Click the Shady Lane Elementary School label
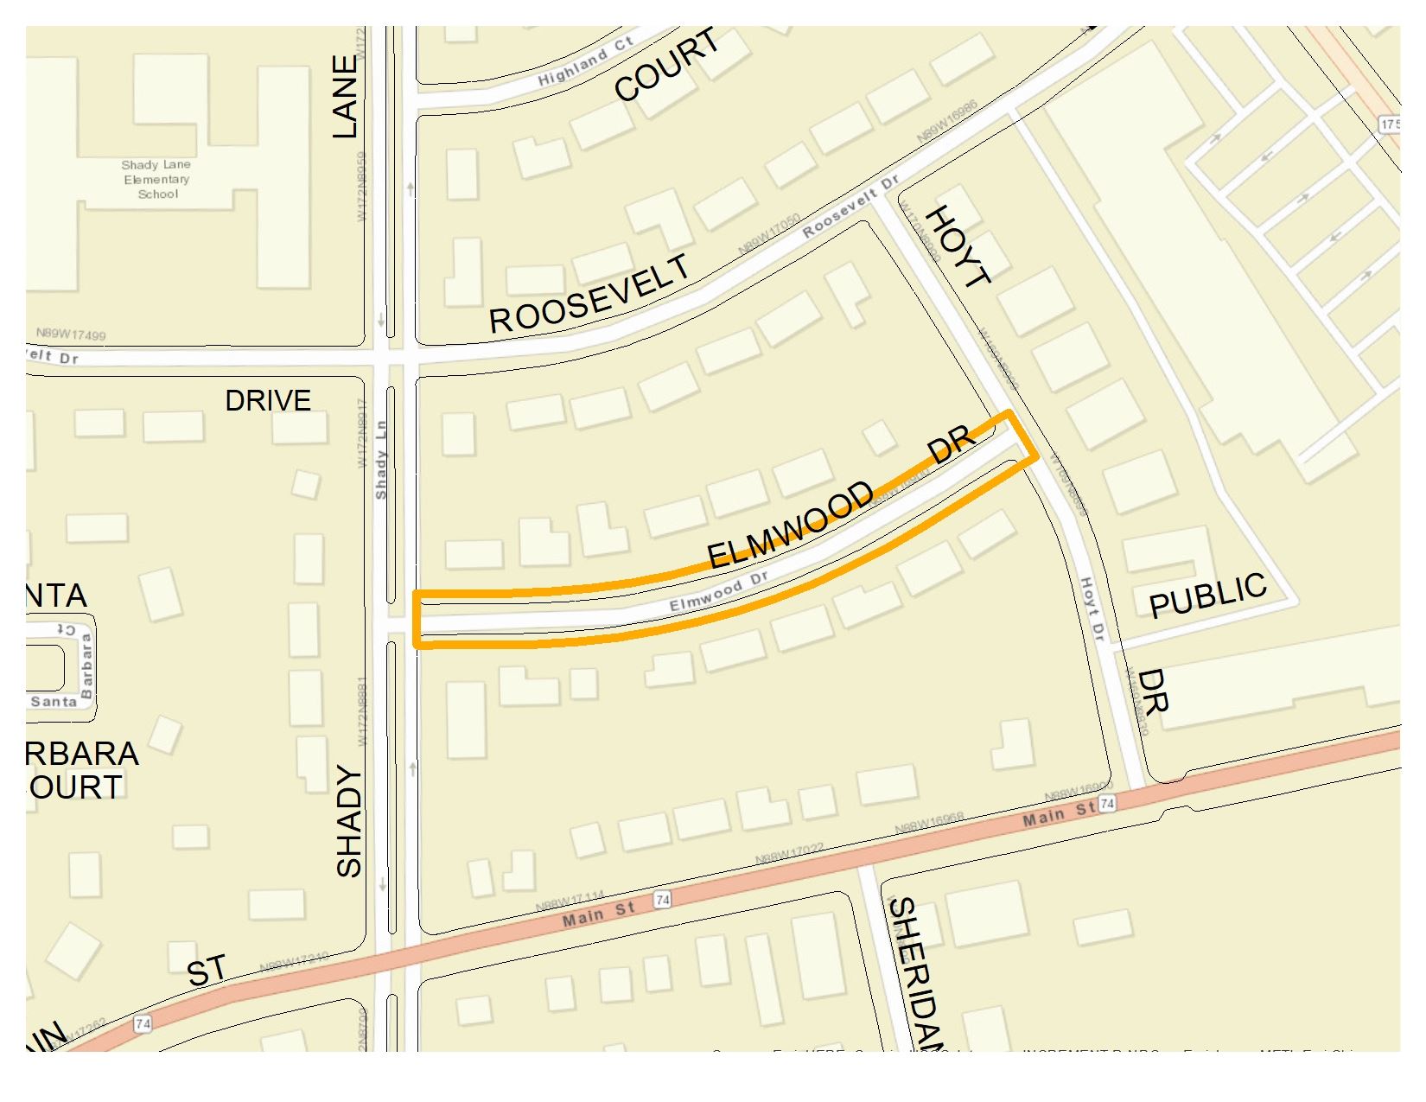(156, 179)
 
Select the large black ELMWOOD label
(791, 526)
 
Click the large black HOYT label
(958, 245)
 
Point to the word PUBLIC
(1207, 596)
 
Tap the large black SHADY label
(348, 820)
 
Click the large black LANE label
(344, 97)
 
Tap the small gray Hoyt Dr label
(1093, 608)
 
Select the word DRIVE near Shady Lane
(268, 401)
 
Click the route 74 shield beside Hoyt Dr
(1107, 805)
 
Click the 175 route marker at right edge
(1389, 123)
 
